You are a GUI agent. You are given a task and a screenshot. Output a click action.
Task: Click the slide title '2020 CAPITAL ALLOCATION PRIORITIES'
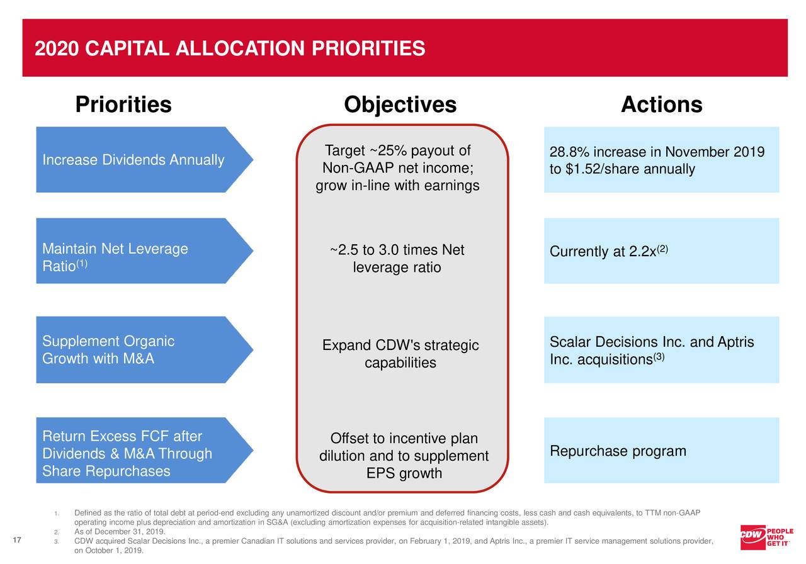230,48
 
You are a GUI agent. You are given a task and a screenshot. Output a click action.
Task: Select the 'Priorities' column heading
123,104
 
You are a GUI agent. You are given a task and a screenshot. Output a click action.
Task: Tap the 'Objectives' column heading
400,104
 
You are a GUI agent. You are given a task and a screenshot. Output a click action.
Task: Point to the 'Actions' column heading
661,104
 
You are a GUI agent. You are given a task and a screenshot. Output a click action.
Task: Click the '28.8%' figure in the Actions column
568,153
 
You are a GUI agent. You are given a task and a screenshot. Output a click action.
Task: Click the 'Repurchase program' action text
618,451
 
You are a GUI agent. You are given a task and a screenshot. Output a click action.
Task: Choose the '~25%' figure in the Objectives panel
389,151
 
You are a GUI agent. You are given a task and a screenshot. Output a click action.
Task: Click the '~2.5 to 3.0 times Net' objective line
397,251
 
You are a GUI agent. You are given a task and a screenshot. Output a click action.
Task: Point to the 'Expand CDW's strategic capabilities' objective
400,354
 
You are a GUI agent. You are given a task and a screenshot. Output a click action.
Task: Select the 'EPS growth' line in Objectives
404,473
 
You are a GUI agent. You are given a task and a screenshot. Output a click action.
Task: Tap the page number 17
17,540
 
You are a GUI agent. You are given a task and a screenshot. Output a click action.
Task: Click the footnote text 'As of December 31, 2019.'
119,532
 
